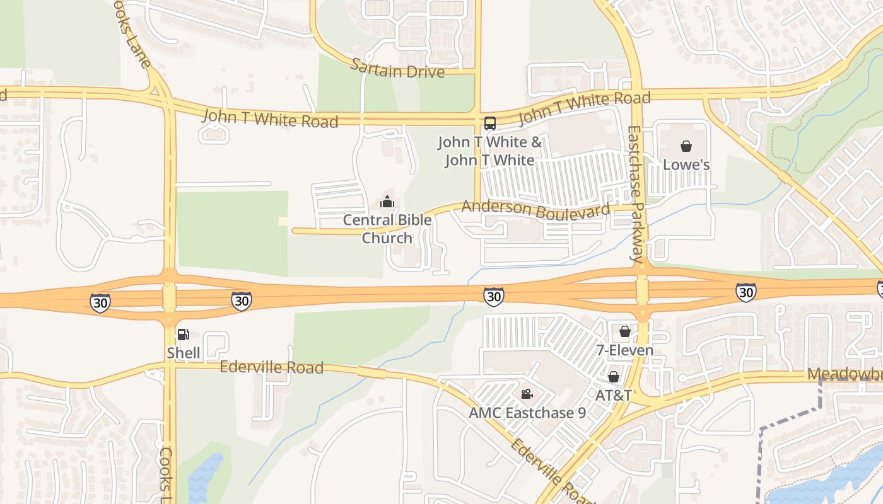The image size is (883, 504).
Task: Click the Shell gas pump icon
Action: click(x=183, y=335)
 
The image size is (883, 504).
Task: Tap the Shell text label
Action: click(x=184, y=353)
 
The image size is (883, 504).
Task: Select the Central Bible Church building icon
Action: click(x=387, y=202)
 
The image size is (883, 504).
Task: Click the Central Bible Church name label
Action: click(x=387, y=229)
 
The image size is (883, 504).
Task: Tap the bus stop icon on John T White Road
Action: click(x=490, y=123)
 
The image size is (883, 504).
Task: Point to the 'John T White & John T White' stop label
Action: click(x=490, y=151)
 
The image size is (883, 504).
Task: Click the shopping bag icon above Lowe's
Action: click(x=686, y=147)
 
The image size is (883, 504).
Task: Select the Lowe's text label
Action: click(x=686, y=165)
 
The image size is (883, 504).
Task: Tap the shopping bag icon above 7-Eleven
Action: click(x=625, y=331)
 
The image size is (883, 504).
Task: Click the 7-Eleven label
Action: click(x=625, y=350)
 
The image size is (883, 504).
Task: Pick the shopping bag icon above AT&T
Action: click(x=614, y=377)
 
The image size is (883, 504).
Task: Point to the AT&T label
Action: click(x=614, y=395)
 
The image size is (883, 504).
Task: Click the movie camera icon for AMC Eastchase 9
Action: click(x=527, y=394)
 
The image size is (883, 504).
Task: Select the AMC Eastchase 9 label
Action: click(x=527, y=413)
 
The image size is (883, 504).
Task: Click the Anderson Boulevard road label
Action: click(x=536, y=209)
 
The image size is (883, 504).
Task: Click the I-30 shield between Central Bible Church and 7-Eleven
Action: click(x=494, y=295)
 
